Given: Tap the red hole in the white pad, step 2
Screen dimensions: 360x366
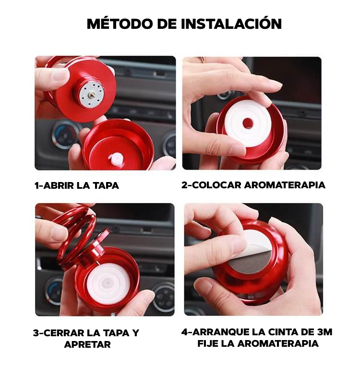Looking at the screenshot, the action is pyautogui.click(x=248, y=122).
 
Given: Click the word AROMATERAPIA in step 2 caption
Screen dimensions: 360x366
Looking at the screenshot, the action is pyautogui.click(x=285, y=185).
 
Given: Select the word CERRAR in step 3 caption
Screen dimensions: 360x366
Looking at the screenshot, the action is pyautogui.click(x=64, y=333).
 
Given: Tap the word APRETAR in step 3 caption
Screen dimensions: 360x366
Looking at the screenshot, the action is pyautogui.click(x=87, y=344).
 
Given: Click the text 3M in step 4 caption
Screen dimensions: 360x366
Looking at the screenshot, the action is pyautogui.click(x=325, y=332).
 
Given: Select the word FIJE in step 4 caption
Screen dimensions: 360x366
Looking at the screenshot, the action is pyautogui.click(x=208, y=343).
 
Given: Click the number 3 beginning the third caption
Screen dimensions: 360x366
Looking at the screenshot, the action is pyautogui.click(x=36, y=333).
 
